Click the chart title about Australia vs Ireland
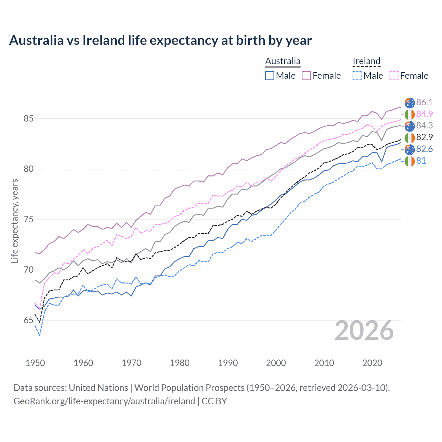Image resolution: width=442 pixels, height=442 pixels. pyautogui.click(x=160, y=40)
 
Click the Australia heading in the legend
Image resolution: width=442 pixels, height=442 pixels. pyautogui.click(x=282, y=61)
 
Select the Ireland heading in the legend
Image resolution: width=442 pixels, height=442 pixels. pyautogui.click(x=366, y=61)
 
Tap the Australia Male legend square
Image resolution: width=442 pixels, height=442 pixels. pyautogui.click(x=270, y=76)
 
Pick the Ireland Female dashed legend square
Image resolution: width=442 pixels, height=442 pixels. pyautogui.click(x=394, y=76)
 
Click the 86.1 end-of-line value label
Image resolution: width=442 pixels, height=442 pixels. pyautogui.click(x=424, y=102)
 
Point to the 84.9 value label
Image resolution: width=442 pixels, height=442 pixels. pyautogui.click(x=424, y=114)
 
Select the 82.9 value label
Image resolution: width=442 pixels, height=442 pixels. pyautogui.click(x=424, y=137)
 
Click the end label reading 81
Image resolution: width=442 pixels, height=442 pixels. pyautogui.click(x=421, y=161)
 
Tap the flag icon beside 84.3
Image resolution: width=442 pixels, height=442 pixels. pyautogui.click(x=410, y=126)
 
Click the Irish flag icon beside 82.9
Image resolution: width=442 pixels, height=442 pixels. pyautogui.click(x=410, y=137)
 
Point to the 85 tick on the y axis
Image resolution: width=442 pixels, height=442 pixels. pyautogui.click(x=28, y=118)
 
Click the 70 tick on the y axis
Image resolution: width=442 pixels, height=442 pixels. pyautogui.click(x=28, y=270)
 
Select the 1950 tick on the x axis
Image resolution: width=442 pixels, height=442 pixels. pyautogui.click(x=35, y=363)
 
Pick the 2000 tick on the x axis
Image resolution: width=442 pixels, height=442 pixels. pyautogui.click(x=276, y=363)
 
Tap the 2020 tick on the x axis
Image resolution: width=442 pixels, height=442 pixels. pyautogui.click(x=372, y=363)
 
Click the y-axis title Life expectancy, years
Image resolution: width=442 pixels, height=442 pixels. pyautogui.click(x=15, y=221)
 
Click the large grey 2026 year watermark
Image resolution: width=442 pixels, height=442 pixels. pyautogui.click(x=364, y=331)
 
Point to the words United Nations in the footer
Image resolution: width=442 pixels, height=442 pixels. pyautogui.click(x=98, y=388)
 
